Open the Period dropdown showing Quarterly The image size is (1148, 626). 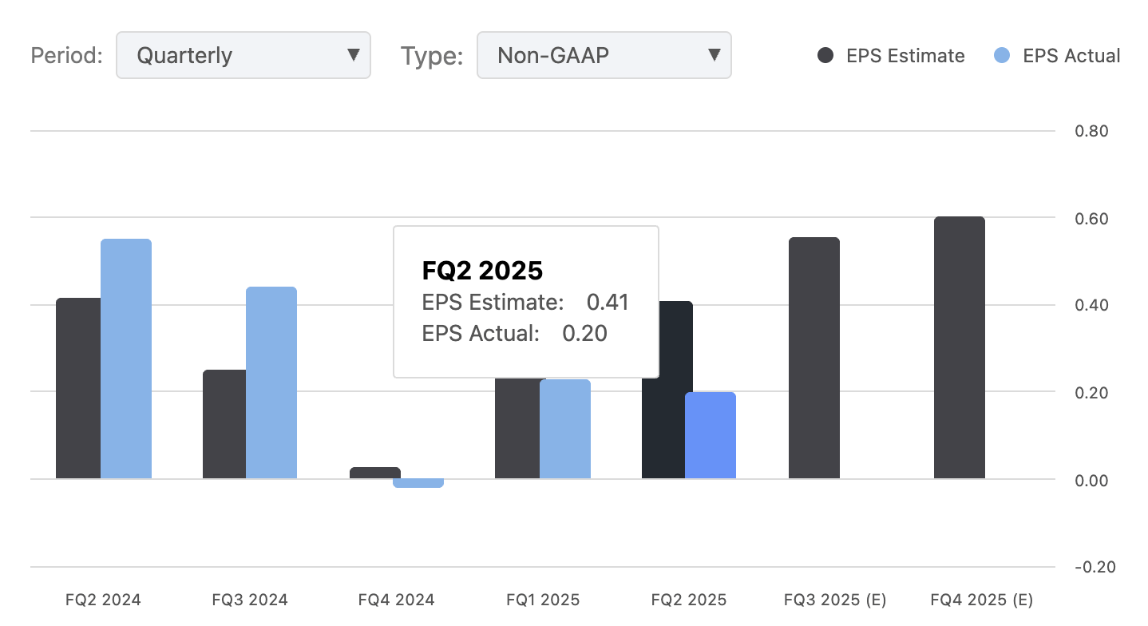pyautogui.click(x=243, y=55)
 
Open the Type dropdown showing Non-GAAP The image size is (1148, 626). pyautogui.click(x=604, y=55)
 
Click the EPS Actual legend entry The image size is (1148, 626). pyautogui.click(x=1058, y=56)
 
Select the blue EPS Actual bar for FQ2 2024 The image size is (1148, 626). pyautogui.click(x=126, y=359)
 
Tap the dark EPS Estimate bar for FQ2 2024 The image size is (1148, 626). pyautogui.click(x=78, y=388)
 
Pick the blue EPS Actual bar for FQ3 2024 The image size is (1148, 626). pyautogui.click(x=271, y=383)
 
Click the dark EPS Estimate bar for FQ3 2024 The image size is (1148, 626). pyautogui.click(x=224, y=424)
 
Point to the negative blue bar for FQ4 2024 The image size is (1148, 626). pyautogui.click(x=418, y=483)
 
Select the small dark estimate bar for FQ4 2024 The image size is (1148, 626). pyautogui.click(x=375, y=473)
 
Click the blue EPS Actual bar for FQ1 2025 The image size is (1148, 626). pyautogui.click(x=565, y=430)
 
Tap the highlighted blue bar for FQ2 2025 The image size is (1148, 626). pyautogui.click(x=711, y=436)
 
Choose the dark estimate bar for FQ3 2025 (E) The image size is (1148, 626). pyautogui.click(x=814, y=359)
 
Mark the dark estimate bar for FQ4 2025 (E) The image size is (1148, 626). pyautogui.click(x=959, y=348)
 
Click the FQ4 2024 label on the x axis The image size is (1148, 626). pyautogui.click(x=396, y=600)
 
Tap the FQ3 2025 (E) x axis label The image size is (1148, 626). pyautogui.click(x=835, y=600)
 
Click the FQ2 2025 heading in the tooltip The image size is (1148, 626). pyautogui.click(x=482, y=271)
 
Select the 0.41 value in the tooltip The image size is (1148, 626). pyautogui.click(x=608, y=303)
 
